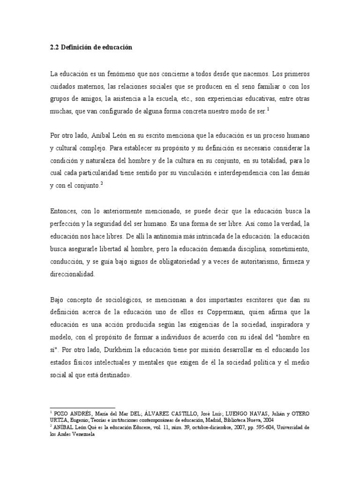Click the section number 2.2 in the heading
[x=54, y=48]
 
